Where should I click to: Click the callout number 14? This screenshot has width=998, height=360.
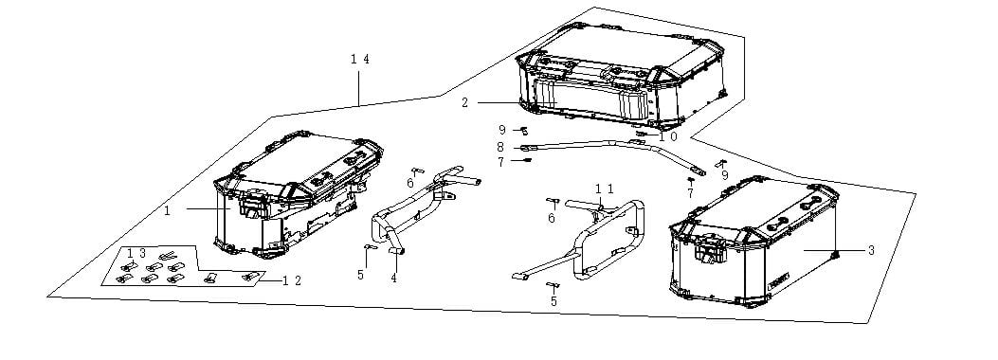pos(359,59)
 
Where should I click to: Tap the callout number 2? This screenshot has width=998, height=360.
pos(465,102)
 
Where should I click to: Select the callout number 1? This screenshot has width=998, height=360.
pos(168,210)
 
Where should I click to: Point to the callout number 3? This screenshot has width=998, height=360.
pos(871,251)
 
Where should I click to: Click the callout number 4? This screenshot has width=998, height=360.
pos(394,278)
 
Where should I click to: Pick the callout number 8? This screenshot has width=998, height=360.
pos(500,147)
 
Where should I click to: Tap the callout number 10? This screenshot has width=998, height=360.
pos(668,136)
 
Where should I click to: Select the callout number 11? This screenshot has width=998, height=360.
pos(605,189)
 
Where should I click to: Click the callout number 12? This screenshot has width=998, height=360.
pos(292,280)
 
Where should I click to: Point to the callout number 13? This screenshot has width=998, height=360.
pos(136,253)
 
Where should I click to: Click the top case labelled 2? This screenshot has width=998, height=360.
pos(621,75)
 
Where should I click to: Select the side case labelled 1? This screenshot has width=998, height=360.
pos(298,194)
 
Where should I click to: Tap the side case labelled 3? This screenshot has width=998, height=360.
pos(753,242)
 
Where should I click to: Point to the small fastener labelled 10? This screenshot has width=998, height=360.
pos(641,134)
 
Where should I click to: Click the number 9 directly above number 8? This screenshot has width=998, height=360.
pos(502,130)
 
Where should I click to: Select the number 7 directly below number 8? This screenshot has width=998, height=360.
pos(501,162)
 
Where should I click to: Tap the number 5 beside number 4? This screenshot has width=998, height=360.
pos(360,275)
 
